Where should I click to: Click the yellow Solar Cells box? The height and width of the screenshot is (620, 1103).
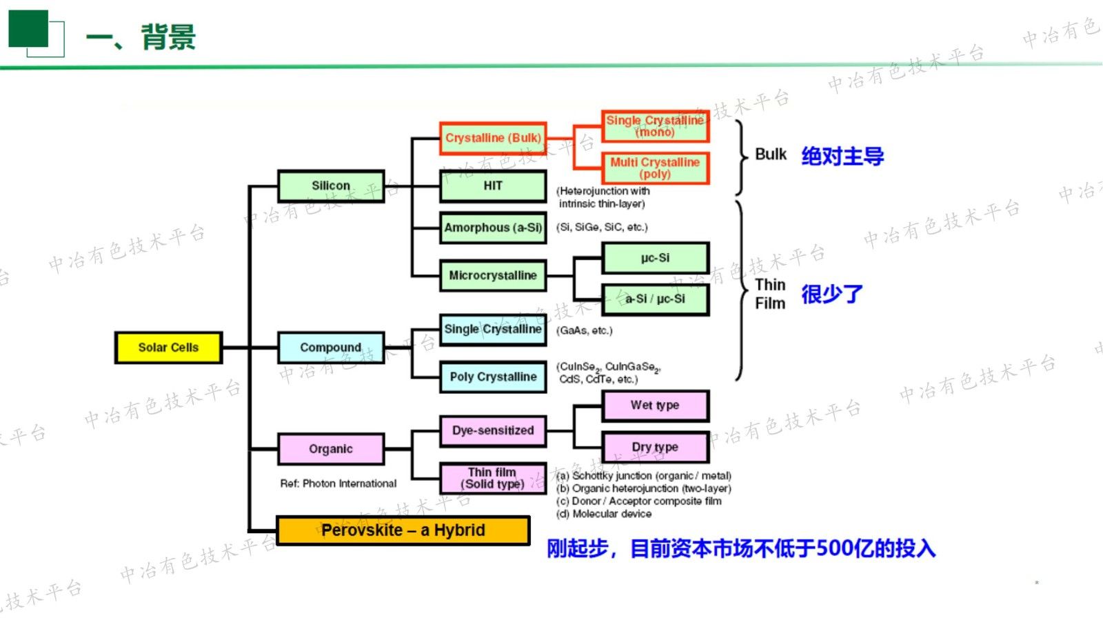(168, 348)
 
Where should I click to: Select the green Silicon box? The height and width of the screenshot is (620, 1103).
(331, 186)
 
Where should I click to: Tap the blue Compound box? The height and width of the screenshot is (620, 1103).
(331, 348)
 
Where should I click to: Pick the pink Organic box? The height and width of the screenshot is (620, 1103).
(331, 449)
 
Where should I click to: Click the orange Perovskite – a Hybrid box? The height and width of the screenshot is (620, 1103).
(403, 530)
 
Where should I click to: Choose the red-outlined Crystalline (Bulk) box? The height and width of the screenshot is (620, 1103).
(493, 138)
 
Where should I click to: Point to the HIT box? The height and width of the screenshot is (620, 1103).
(493, 186)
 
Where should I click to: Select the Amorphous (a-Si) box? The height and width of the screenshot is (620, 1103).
(493, 228)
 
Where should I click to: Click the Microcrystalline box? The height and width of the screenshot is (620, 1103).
(493, 275)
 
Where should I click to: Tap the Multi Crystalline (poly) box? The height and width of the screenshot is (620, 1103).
(655, 168)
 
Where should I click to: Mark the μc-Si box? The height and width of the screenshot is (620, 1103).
(655, 258)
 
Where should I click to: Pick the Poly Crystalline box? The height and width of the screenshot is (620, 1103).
(493, 377)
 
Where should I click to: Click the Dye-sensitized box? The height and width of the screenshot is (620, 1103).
(493, 430)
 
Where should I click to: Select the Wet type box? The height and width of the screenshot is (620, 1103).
(655, 406)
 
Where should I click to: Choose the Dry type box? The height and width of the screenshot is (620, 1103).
(655, 447)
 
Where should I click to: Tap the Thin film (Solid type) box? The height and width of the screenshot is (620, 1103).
(493, 478)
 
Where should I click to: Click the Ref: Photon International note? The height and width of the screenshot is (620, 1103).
(338, 483)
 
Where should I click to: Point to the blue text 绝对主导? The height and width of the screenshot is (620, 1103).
(842, 156)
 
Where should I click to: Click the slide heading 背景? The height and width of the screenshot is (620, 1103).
(168, 37)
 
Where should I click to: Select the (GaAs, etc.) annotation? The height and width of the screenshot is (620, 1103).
(585, 330)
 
